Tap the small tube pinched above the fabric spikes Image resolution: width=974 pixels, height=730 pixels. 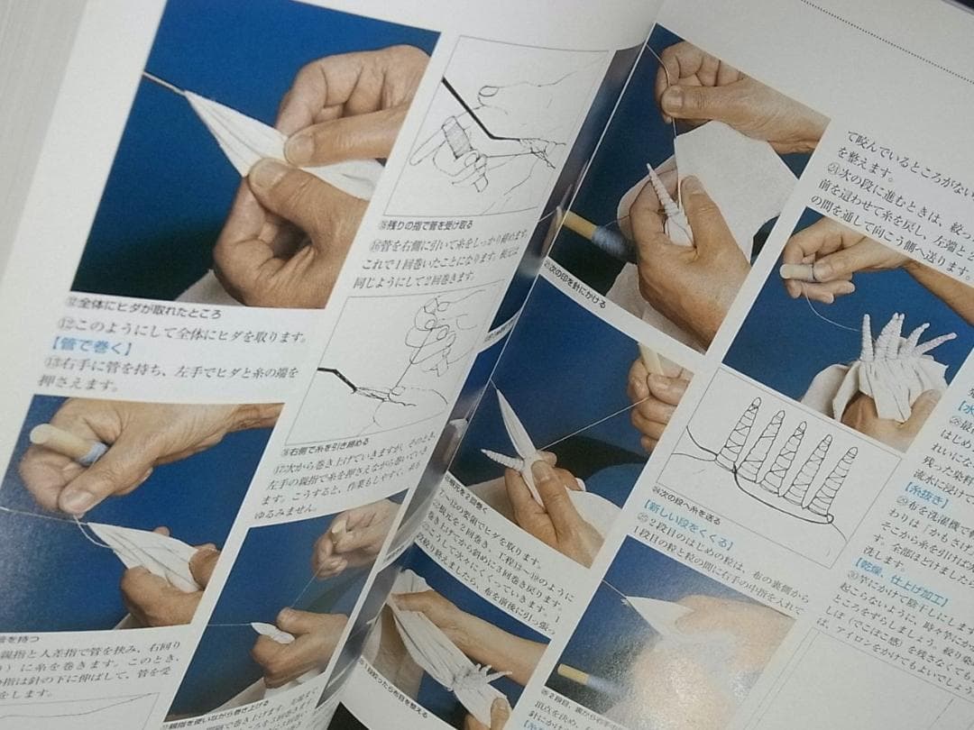click(x=799, y=271)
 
